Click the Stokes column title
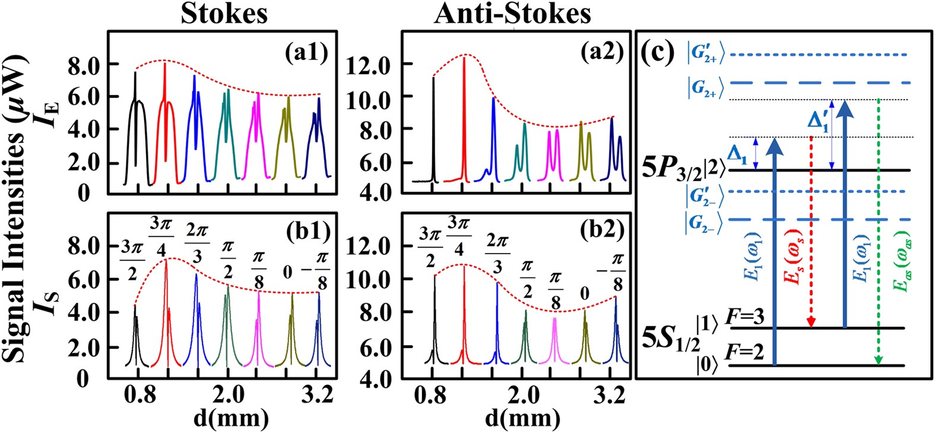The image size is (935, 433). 224,13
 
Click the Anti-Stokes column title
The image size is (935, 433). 513,13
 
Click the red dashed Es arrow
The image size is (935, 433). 812,232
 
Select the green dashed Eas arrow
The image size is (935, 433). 879,232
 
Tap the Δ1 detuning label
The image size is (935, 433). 737,157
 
